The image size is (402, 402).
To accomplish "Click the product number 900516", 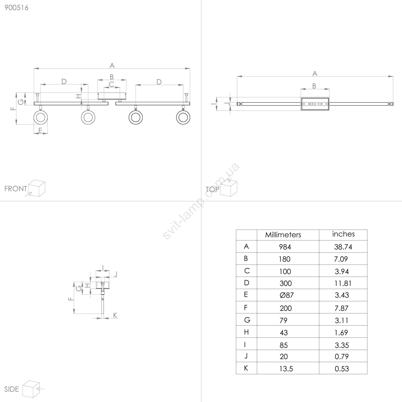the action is click(17, 8).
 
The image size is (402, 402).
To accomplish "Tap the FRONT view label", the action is click(16, 189).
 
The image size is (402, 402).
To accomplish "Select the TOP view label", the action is click(212, 189).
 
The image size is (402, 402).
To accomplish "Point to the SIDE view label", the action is click(12, 389).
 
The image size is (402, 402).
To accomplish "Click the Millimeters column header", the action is click(283, 235).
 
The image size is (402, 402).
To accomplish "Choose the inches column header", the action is click(343, 234).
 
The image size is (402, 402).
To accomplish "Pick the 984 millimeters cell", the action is click(285, 247).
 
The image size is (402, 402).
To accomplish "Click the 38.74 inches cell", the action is click(343, 247).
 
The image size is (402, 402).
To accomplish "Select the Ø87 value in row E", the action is click(286, 295).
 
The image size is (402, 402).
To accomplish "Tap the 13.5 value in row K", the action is click(286, 369).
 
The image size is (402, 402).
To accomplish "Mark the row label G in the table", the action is click(247, 320).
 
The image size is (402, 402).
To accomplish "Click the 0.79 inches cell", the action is click(342, 357).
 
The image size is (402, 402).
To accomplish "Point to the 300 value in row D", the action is click(286, 283).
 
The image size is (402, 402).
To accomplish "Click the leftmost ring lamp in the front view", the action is click(40, 117).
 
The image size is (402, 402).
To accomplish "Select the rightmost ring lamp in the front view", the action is click(183, 117).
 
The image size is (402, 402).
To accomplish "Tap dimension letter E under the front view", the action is click(40, 130).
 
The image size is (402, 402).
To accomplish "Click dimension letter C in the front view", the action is click(112, 84).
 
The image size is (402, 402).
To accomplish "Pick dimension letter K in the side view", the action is click(115, 315).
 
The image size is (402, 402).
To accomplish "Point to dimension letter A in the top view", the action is click(315, 73).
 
